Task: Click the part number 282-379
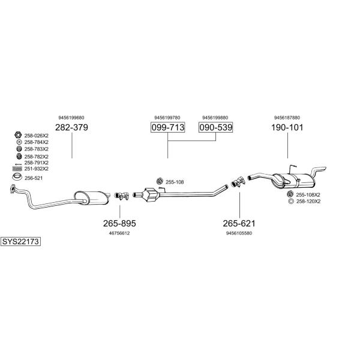pyautogui.click(x=71, y=127)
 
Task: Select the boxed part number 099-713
pyautogui.click(x=168, y=127)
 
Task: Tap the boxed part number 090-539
pyautogui.click(x=215, y=127)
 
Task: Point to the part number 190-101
pyautogui.click(x=287, y=127)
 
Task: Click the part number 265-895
pyautogui.click(x=119, y=223)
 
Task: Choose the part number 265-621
pyautogui.click(x=239, y=223)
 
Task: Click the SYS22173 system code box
pyautogui.click(x=20, y=242)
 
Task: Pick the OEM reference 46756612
pyautogui.click(x=119, y=233)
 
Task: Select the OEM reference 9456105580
pyautogui.click(x=239, y=233)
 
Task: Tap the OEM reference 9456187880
pyautogui.click(x=287, y=118)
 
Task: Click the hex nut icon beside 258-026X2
pyautogui.click(x=18, y=135)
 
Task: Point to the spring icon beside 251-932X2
pyautogui.click(x=17, y=169)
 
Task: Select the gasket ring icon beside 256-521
pyautogui.click(x=17, y=178)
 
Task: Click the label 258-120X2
pyautogui.click(x=308, y=202)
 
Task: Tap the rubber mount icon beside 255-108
pyautogui.click(x=160, y=181)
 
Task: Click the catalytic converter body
pyautogui.click(x=151, y=195)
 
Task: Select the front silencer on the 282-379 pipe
pyautogui.click(x=91, y=197)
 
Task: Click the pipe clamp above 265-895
pyautogui.click(x=121, y=196)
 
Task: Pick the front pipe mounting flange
pyautogui.click(x=13, y=188)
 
